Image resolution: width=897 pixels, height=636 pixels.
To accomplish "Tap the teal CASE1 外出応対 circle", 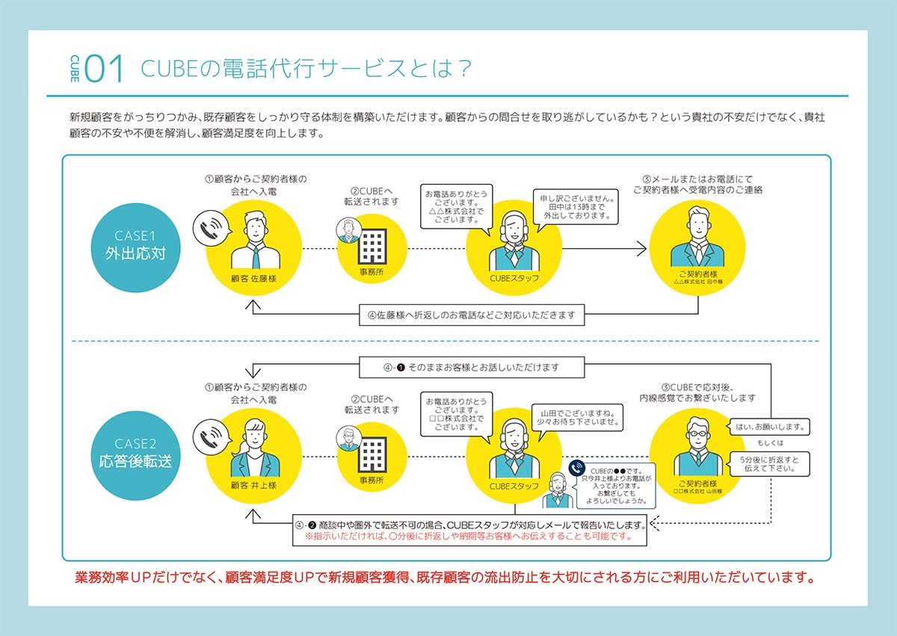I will click(135, 244).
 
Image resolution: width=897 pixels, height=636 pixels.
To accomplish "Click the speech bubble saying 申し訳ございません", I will click(577, 205).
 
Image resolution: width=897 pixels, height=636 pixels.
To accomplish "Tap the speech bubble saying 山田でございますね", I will click(577, 417).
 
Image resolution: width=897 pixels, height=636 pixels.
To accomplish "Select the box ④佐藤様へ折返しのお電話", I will click(472, 314).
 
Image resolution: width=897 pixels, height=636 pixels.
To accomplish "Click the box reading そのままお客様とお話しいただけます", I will click(472, 368).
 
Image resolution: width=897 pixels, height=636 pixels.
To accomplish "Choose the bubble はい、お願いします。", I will click(769, 427).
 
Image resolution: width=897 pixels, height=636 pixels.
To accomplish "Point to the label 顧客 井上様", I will click(254, 485).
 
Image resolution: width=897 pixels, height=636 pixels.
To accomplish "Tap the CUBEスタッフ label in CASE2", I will click(514, 486).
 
